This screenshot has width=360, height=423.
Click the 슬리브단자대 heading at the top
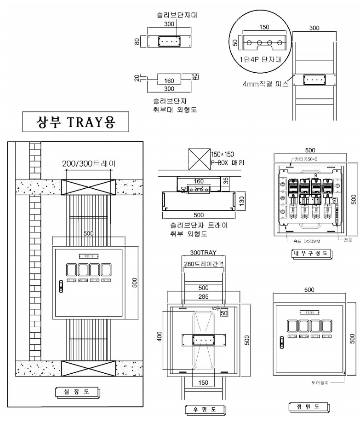(x=169, y=15)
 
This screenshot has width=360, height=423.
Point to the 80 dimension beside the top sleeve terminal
(x=137, y=41)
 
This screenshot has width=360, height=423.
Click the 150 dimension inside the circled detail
(x=264, y=28)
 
